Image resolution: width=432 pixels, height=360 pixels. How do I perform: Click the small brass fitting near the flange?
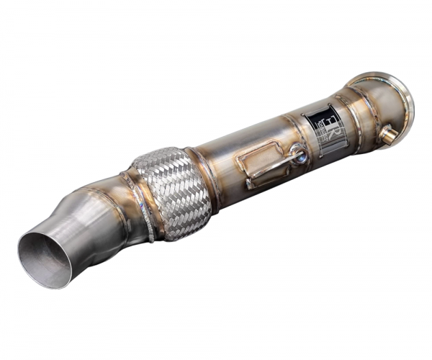click(x=390, y=134)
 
